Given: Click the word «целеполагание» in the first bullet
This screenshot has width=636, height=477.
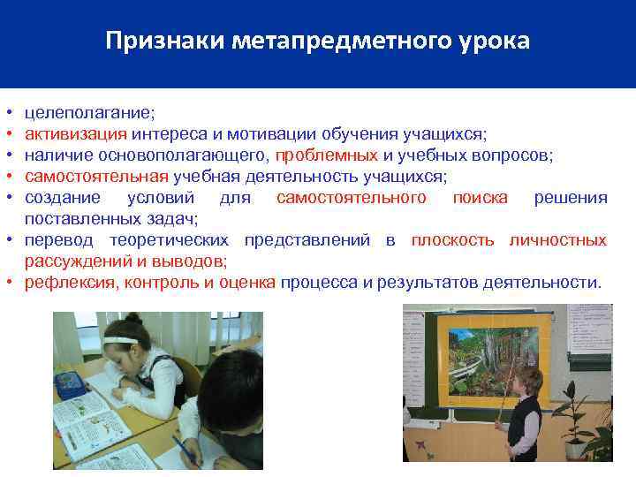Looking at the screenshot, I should (89, 113).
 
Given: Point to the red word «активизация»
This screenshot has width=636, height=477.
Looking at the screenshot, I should (76, 134).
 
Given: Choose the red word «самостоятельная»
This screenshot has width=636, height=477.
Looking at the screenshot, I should (96, 177).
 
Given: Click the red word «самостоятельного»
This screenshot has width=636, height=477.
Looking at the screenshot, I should (351, 197).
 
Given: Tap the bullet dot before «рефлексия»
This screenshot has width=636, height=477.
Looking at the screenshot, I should (7, 283).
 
